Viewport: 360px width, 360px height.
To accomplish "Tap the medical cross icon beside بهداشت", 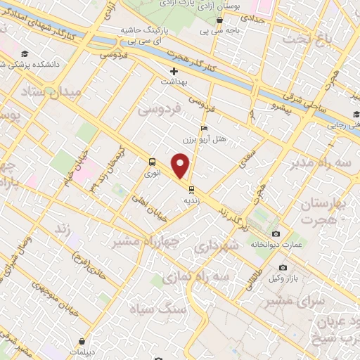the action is tap(174, 71).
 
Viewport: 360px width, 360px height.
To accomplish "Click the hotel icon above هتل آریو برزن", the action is tap(204, 128).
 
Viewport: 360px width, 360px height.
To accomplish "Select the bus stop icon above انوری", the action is tap(153, 160).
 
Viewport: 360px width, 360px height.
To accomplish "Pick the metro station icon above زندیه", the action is tap(191, 188).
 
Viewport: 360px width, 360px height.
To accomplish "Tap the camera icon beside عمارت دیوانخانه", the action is tap(276, 233).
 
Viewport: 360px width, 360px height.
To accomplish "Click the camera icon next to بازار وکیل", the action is tap(283, 268).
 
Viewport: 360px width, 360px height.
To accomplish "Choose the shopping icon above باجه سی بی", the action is tap(220, 20).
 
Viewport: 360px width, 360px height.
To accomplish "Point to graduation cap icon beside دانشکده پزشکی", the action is tap(25, 54).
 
